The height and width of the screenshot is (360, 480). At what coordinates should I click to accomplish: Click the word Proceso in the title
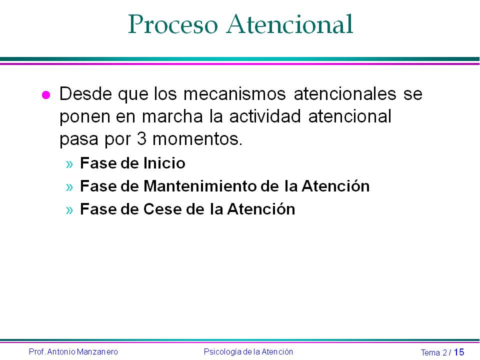coord(173,24)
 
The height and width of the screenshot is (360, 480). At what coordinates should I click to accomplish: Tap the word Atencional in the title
coord(290,24)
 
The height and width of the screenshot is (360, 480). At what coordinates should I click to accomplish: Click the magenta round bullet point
coord(46,95)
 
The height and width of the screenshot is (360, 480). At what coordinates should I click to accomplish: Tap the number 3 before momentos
coord(141,139)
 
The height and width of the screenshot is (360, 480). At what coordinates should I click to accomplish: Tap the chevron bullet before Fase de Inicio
coord(69,164)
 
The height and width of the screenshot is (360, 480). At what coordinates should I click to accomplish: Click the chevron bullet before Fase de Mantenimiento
coord(69,186)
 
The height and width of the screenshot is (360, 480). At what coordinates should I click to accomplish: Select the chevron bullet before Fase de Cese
coord(69,209)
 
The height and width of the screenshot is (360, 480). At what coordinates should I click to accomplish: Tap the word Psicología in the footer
coord(221,352)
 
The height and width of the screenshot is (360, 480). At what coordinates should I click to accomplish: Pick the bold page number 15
coord(459,352)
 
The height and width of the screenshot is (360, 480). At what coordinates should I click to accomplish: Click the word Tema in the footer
coord(430,352)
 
